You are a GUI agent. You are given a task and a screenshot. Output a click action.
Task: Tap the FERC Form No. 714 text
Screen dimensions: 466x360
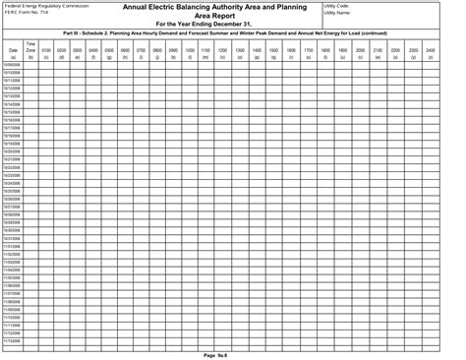click(29, 14)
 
